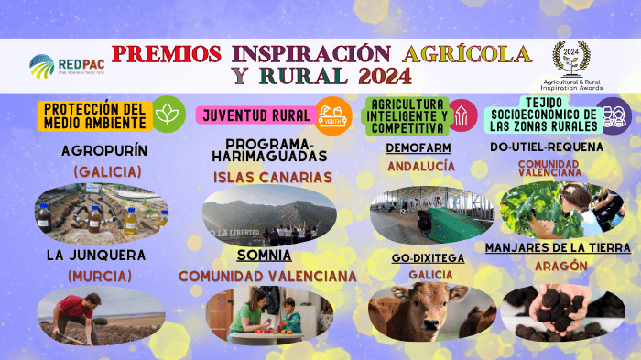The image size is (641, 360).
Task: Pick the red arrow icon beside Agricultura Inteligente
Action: pyautogui.click(x=462, y=115)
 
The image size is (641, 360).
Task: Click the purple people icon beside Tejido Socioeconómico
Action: pyautogui.click(x=615, y=115)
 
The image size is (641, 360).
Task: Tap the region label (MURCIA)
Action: pyautogui.click(x=102, y=276)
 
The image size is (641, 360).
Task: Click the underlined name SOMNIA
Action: pyautogui.click(x=264, y=256)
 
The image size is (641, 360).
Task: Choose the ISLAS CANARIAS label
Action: pyautogui.click(x=266, y=176)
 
